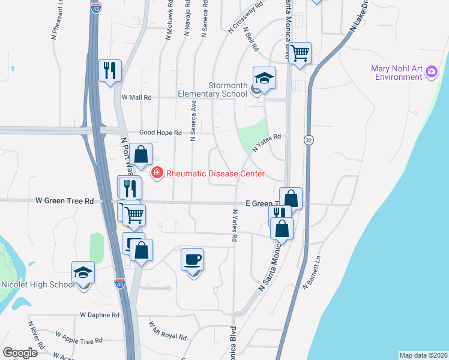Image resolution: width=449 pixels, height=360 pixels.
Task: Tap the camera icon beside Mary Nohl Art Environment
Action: (431, 73)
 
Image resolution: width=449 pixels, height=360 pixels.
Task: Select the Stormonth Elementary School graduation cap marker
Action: (264, 78)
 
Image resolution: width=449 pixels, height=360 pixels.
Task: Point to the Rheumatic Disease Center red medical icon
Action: (157, 173)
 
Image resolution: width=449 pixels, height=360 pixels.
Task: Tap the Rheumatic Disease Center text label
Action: (215, 173)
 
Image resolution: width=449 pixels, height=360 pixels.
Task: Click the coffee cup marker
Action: (192, 260)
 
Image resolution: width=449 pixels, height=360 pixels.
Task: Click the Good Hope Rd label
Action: (160, 133)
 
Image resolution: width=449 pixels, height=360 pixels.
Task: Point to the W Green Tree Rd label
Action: (65, 201)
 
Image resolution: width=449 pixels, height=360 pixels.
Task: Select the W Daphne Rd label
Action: (100, 314)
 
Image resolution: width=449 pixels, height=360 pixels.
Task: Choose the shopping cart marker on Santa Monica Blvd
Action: (299, 53)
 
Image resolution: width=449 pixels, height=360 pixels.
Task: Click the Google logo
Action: (20, 353)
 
